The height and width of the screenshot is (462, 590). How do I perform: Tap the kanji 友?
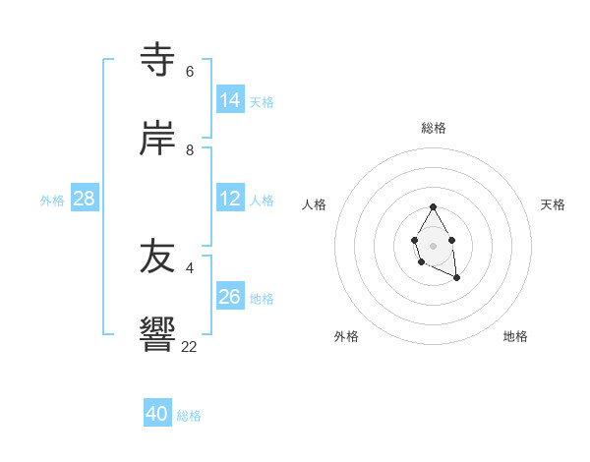tap(158, 257)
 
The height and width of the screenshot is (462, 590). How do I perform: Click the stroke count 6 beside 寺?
tap(190, 72)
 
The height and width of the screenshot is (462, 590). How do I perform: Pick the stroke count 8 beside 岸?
tap(190, 150)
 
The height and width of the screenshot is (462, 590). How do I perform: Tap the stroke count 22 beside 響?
tap(190, 346)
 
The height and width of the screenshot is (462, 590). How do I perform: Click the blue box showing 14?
tap(230, 99)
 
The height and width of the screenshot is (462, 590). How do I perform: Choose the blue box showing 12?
tap(230, 199)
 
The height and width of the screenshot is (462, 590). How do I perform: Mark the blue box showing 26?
tap(230, 296)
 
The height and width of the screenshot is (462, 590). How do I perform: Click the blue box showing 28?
tap(85, 199)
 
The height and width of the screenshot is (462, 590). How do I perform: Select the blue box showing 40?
tap(157, 414)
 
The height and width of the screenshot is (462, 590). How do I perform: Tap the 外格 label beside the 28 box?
tap(52, 201)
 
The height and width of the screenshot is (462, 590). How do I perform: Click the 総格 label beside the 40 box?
tap(189, 416)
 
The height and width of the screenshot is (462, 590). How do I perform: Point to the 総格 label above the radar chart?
tap(434, 128)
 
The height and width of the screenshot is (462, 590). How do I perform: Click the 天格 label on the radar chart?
tap(553, 204)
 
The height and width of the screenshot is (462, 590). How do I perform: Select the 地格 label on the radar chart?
tap(515, 336)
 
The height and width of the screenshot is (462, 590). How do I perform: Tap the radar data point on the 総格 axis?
tap(433, 207)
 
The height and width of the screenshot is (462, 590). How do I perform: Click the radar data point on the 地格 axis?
tap(457, 278)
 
